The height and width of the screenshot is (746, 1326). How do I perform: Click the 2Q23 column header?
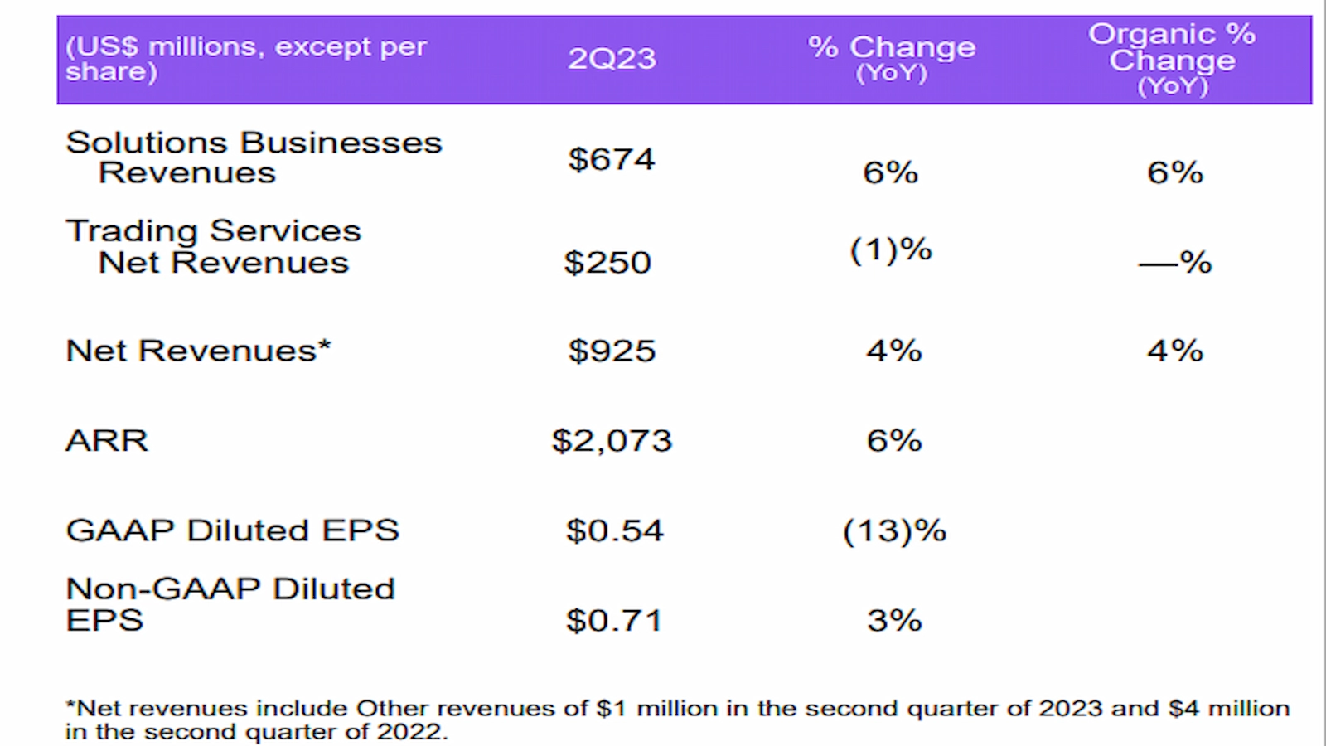[612, 59]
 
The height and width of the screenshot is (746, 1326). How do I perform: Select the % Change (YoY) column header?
[892, 58]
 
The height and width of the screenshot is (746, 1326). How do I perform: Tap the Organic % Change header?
[1172, 59]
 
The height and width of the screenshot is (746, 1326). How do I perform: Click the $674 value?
[612, 159]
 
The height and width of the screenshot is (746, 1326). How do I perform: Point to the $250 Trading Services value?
[607, 263]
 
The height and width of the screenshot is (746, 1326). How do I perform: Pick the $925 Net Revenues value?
[612, 351]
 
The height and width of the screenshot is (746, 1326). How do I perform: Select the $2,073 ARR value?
[612, 440]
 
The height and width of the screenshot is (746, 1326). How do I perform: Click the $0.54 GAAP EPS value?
[614, 530]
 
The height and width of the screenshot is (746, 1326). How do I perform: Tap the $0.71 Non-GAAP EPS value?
[614, 620]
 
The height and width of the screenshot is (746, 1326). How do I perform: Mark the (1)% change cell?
[891, 249]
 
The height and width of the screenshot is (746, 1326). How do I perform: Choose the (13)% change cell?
[894, 530]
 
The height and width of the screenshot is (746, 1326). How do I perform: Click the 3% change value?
[894, 620]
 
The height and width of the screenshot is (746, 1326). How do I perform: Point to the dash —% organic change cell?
[1174, 263]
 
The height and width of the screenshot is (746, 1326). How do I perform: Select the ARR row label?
[107, 440]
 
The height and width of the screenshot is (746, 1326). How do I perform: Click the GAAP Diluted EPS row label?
[232, 530]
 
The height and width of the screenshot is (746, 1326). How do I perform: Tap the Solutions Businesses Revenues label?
[253, 157]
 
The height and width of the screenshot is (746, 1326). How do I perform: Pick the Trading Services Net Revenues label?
[214, 246]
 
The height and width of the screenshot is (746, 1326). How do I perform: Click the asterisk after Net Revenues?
[325, 345]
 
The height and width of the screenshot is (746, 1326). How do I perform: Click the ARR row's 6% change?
[894, 440]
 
